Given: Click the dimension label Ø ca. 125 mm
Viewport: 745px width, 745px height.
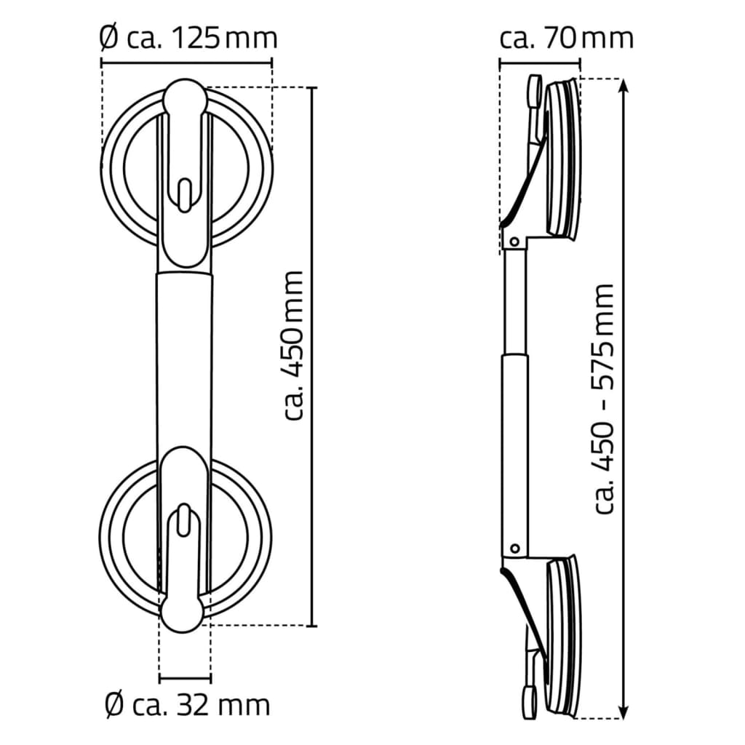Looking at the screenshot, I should click(188, 36).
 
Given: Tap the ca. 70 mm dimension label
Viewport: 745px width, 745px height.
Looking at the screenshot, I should click(566, 36).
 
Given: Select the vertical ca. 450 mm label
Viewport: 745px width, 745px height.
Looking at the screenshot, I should click(292, 345).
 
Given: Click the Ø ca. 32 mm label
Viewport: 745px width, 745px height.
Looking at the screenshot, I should click(187, 704).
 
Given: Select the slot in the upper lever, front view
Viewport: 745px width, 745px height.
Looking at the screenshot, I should click(186, 195).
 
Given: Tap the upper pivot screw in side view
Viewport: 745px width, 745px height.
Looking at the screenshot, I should click(514, 240).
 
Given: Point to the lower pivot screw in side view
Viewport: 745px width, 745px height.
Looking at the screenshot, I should click(515, 547).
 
